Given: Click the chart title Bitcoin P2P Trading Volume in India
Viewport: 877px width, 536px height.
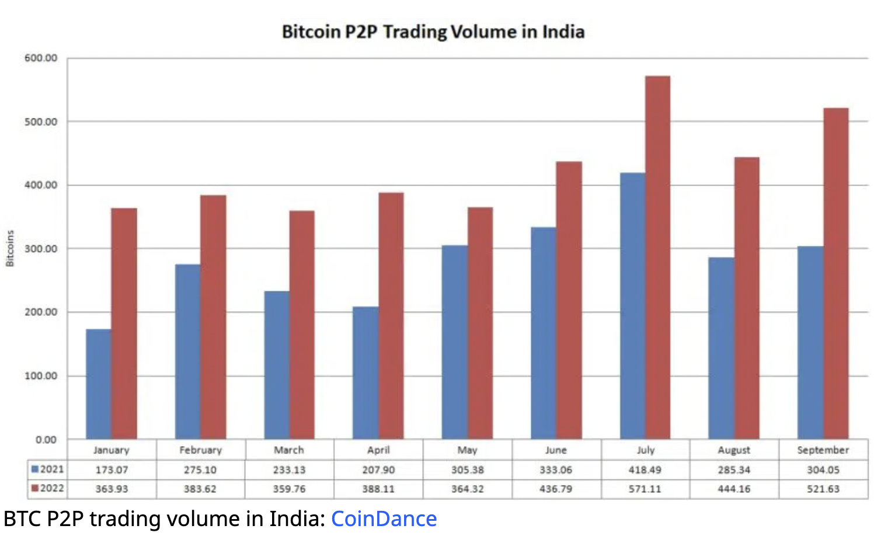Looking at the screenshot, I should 433,32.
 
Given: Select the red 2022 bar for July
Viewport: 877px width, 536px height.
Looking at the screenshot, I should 657,257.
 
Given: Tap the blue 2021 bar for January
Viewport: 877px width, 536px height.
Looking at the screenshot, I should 99,384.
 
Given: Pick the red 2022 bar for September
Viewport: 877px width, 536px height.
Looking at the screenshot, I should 836,273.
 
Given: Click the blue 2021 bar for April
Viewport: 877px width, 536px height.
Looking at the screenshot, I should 366,373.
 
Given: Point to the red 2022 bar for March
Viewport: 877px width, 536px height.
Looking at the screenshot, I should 302,325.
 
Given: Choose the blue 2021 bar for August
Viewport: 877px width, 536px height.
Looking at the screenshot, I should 721,348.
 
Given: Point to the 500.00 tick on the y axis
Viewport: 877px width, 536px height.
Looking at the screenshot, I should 41,121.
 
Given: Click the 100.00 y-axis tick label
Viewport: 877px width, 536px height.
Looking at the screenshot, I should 41,375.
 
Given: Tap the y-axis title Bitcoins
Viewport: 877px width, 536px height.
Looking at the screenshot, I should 10,249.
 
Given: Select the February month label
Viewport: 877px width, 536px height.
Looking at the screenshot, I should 200,450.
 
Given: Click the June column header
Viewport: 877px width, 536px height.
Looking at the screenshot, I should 556,450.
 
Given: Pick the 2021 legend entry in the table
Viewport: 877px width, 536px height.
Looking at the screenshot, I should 48,469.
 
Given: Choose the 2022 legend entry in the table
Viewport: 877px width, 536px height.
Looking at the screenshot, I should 48,488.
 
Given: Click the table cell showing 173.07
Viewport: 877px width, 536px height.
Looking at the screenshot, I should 112,470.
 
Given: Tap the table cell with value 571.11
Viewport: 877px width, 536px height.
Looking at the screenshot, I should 645,489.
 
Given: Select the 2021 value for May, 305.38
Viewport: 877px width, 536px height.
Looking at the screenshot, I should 467,470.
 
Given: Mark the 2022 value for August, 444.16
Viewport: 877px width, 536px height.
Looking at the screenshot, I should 734,489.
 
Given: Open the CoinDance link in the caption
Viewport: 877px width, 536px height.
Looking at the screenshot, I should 384,518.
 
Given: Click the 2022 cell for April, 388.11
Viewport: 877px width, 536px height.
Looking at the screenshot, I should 378,489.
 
